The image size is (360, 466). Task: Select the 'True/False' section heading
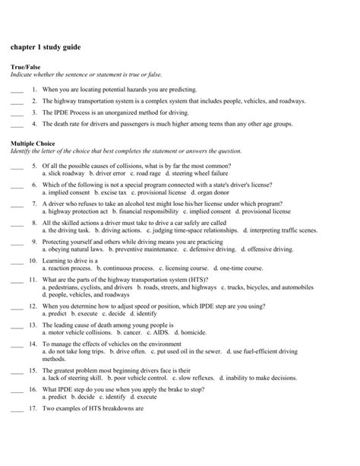click(25, 67)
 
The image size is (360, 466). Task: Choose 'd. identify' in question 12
click(143, 312)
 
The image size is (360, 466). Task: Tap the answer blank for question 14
click(17, 344)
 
